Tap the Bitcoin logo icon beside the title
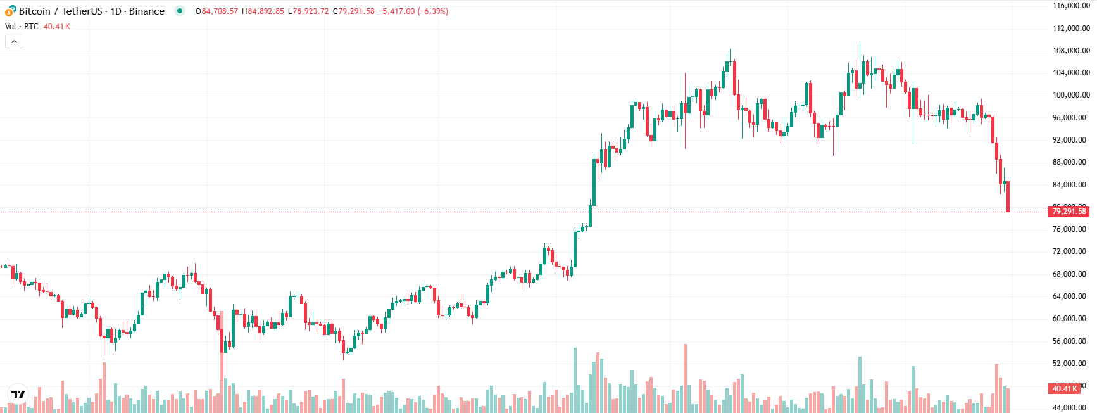click(10, 11)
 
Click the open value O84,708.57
click(217, 11)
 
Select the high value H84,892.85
click(263, 11)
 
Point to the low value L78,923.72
click(308, 11)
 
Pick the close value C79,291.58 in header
click(354, 11)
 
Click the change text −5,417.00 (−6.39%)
click(413, 11)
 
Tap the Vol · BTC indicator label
click(22, 27)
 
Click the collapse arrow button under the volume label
click(14, 42)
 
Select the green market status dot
click(180, 11)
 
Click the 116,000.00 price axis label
click(1071, 6)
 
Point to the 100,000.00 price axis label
click(1071, 95)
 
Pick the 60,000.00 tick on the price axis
click(1071, 319)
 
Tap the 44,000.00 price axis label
click(1071, 408)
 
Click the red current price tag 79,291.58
click(1069, 212)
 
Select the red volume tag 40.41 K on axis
click(1065, 388)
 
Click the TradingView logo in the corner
click(18, 394)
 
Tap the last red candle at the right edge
click(1008, 196)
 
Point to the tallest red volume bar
click(685, 378)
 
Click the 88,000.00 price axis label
click(1071, 162)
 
